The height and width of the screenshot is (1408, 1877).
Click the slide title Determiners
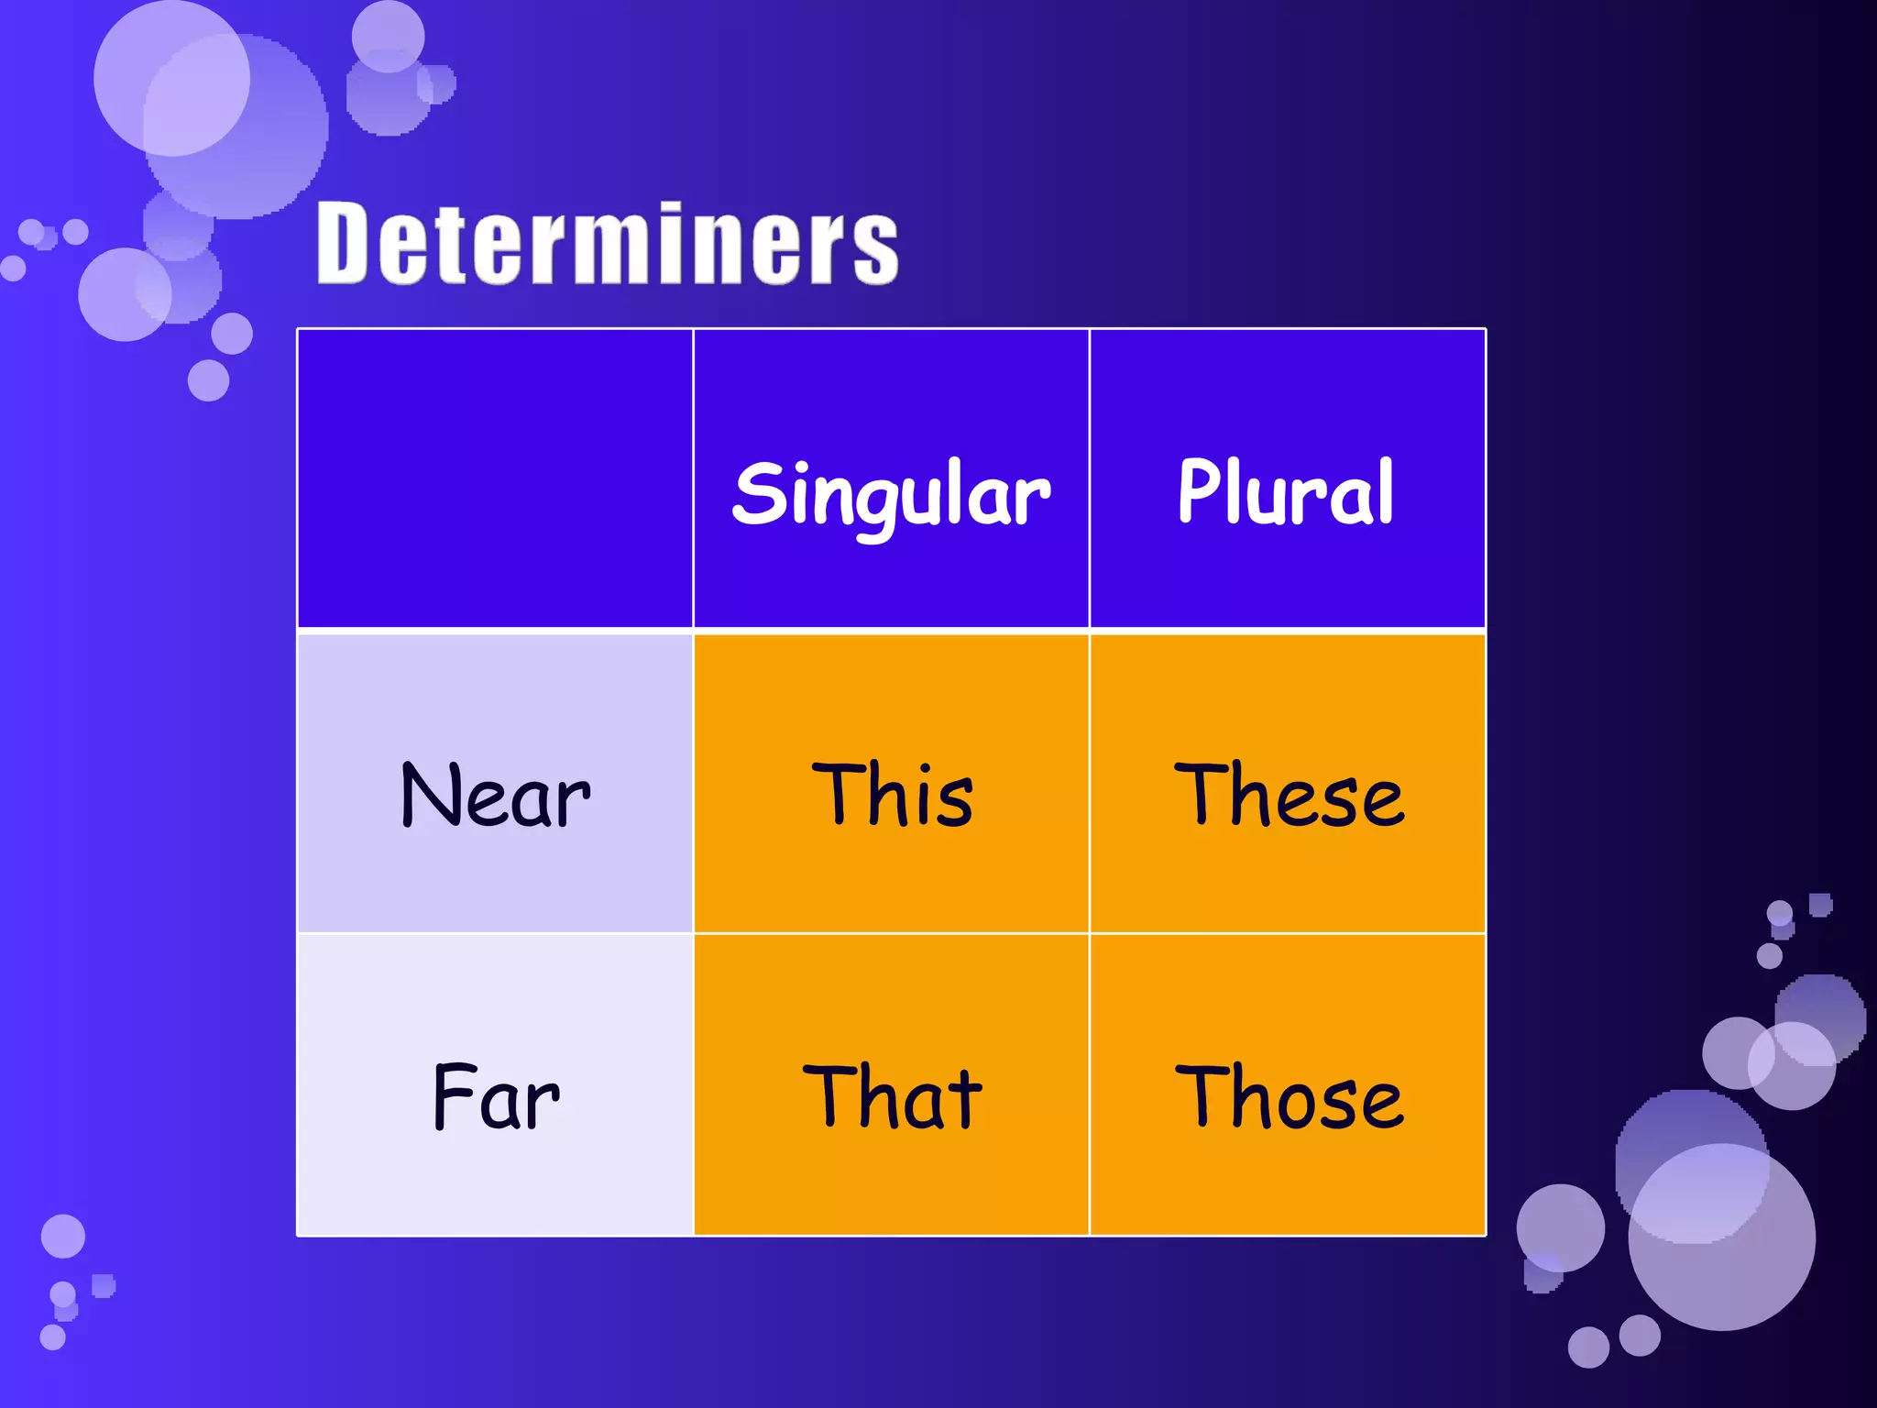[607, 244]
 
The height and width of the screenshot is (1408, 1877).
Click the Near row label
[495, 796]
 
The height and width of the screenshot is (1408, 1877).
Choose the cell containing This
[891, 796]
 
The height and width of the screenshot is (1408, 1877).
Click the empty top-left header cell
[495, 478]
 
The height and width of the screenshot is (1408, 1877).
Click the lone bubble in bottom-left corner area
[63, 1236]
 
